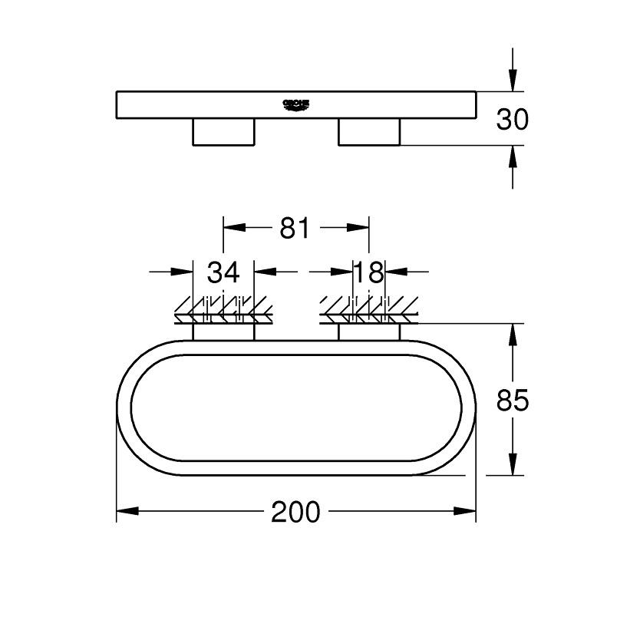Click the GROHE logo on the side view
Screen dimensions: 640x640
click(x=295, y=104)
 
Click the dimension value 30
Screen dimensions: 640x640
click(x=513, y=119)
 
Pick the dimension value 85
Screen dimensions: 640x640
click(x=513, y=401)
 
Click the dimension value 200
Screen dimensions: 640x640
click(x=295, y=512)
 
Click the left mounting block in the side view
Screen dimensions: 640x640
click(x=223, y=131)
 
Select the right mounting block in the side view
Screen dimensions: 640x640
click(x=368, y=131)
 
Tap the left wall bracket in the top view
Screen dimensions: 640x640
click(x=223, y=332)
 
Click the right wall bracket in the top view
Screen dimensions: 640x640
click(x=368, y=332)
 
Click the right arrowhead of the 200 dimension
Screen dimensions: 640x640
click(x=466, y=511)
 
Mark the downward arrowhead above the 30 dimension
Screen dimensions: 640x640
click(x=513, y=81)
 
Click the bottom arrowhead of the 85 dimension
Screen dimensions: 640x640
click(x=513, y=465)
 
